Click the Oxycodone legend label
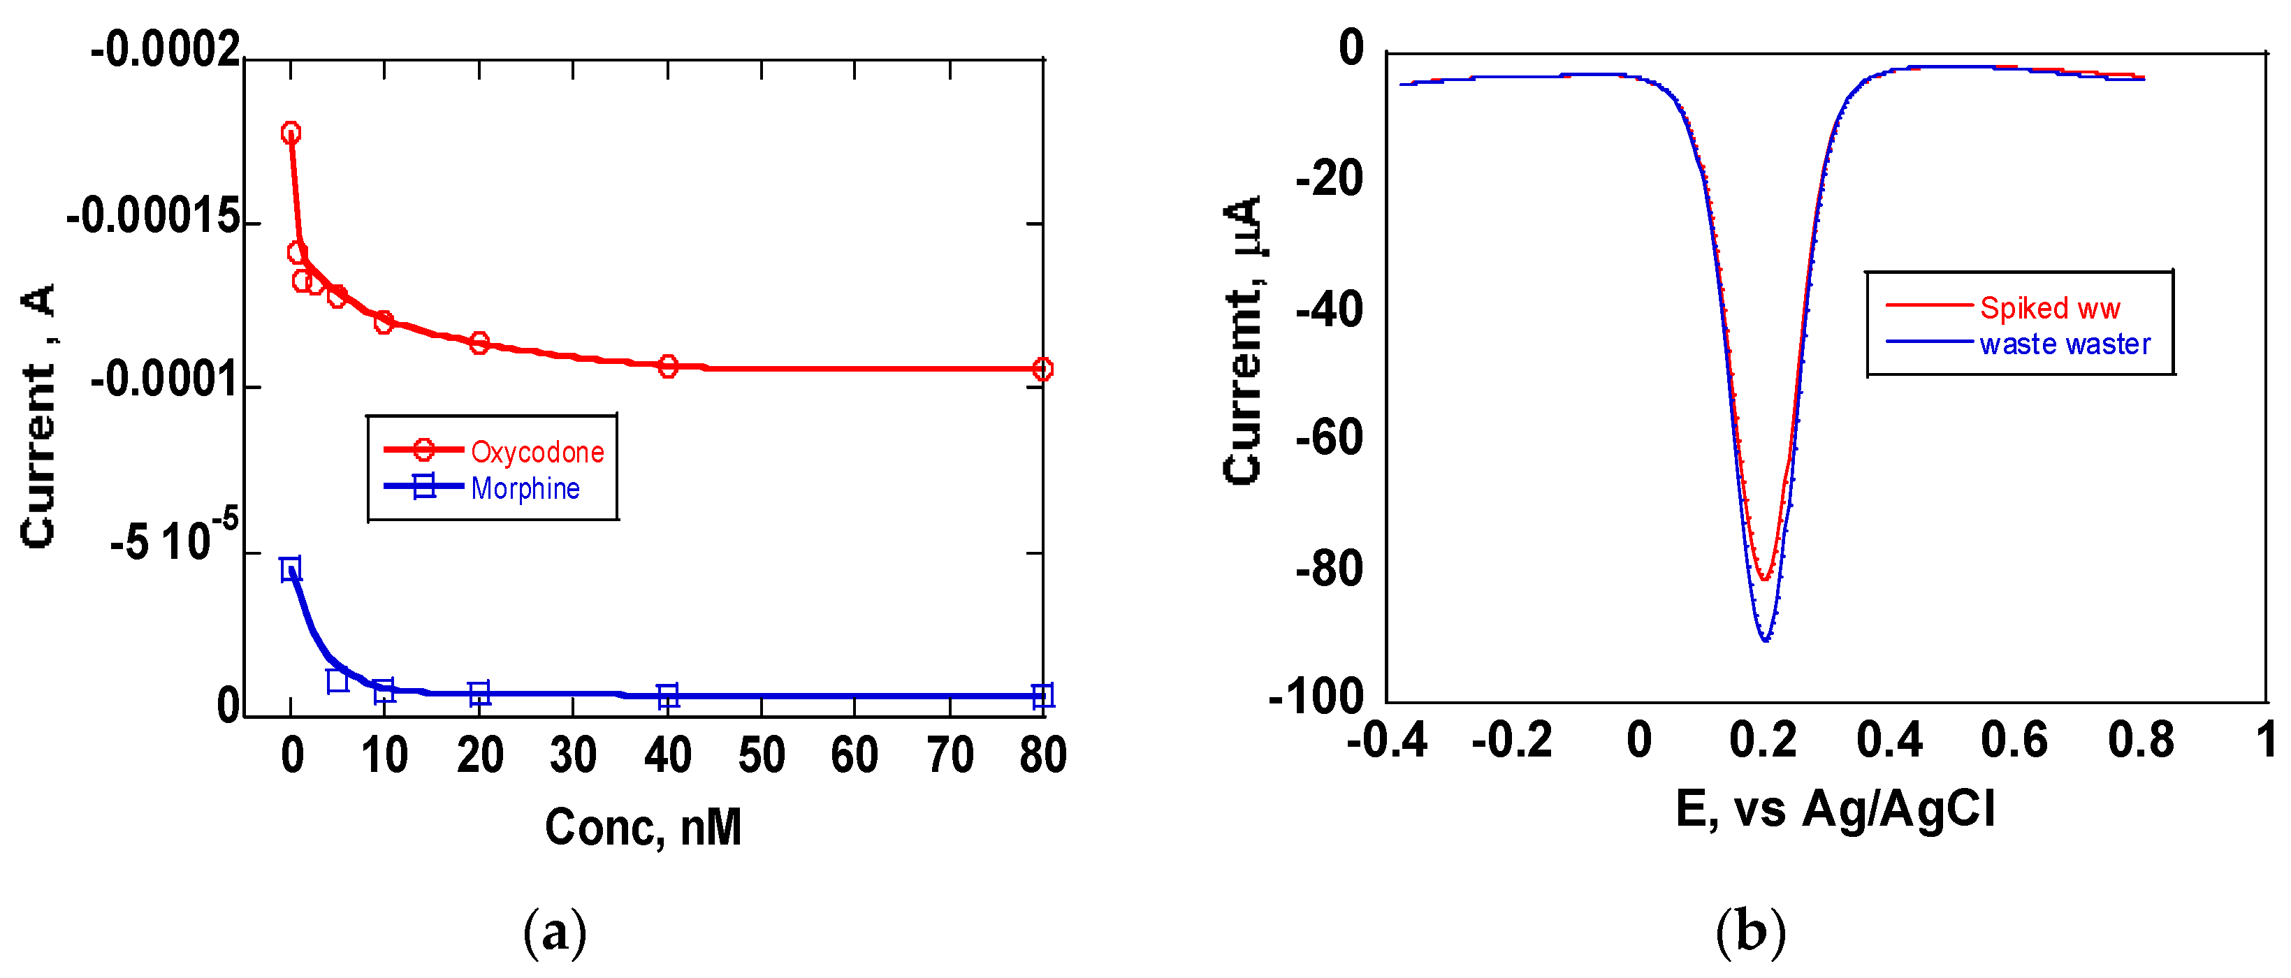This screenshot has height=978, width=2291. (x=537, y=452)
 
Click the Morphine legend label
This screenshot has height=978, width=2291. (x=525, y=488)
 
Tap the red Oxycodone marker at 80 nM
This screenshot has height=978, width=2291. (x=1042, y=369)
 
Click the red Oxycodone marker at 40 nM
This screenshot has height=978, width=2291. (x=668, y=366)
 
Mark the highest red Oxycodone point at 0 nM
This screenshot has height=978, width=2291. (x=291, y=133)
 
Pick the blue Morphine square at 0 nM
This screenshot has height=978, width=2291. (x=291, y=569)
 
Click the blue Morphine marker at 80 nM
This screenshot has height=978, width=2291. (x=1042, y=695)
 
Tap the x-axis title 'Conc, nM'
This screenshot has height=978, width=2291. (x=643, y=828)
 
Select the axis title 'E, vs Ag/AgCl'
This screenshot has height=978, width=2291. (x=1835, y=810)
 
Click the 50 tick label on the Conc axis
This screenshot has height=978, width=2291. (x=762, y=756)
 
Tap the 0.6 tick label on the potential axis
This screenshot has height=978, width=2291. (x=2014, y=740)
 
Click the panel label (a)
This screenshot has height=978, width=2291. (x=555, y=933)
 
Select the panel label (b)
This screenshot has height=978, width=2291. (x=1750, y=933)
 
